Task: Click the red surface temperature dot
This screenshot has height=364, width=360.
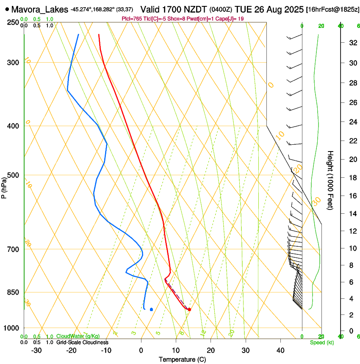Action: click(189, 309)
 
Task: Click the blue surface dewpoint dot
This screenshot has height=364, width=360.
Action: click(151, 309)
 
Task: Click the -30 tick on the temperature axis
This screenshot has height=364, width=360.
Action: click(36, 350)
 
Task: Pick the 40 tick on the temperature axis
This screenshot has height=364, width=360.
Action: click(280, 350)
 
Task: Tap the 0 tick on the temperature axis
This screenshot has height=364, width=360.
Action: click(141, 350)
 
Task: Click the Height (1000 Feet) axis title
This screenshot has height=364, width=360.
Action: click(331, 180)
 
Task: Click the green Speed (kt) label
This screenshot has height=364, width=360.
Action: click(321, 342)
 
